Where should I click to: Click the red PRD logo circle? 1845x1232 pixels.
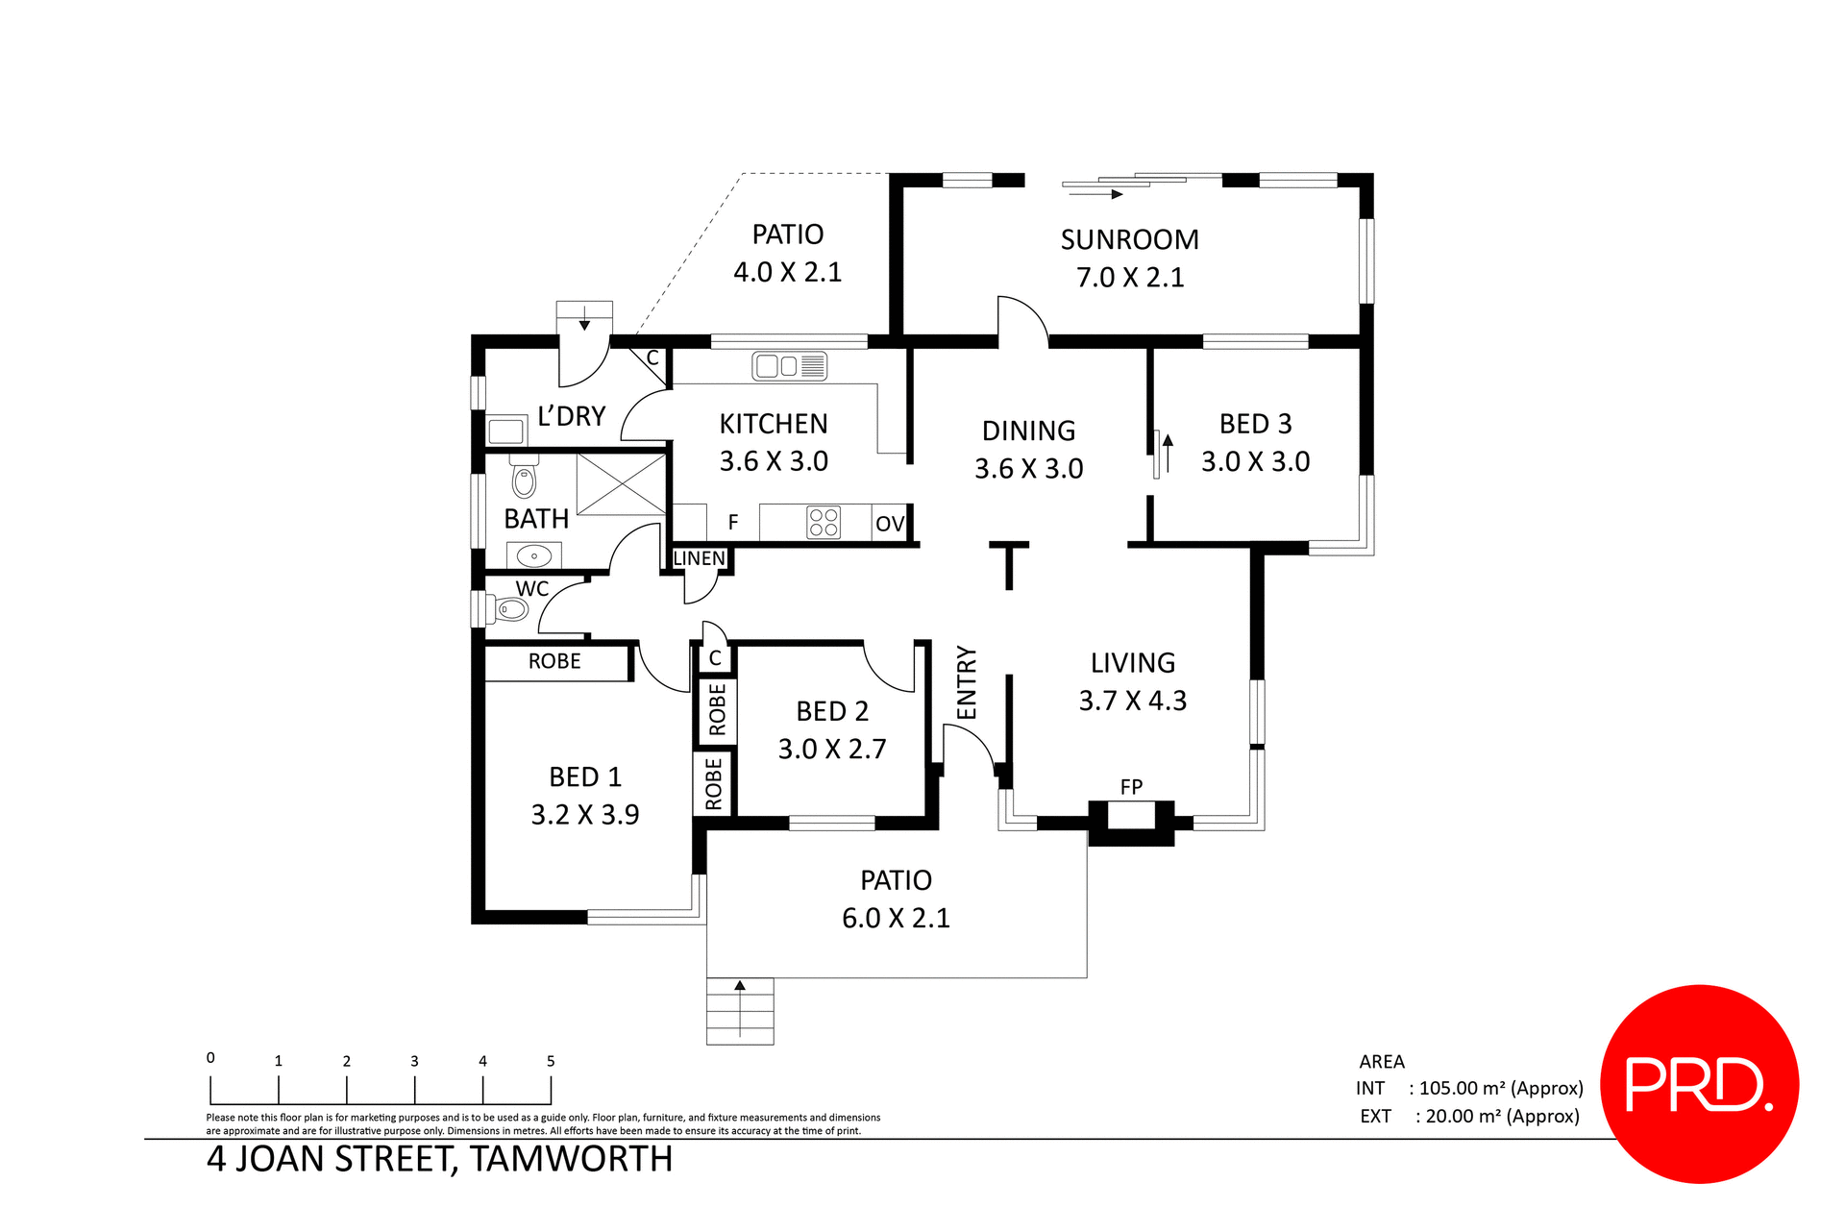coord(1699,1083)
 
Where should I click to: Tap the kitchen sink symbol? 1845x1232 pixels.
coord(788,366)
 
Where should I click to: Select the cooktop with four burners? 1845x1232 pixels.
coord(824,522)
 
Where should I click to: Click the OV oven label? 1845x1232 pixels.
coord(890,524)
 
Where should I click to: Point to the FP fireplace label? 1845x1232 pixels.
coord(1131,787)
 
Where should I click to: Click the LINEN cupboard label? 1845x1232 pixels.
coord(699,558)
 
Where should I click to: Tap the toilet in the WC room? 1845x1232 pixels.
coord(509,609)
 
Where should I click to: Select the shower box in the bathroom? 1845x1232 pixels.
coord(621,484)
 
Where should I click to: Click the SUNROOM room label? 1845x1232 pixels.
coord(1129,239)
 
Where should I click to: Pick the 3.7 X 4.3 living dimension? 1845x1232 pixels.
coord(1132,701)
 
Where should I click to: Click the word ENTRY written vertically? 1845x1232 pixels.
coord(967,682)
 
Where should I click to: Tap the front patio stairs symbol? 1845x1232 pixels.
coord(740,1011)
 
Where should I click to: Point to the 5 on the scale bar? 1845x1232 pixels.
coord(551,1061)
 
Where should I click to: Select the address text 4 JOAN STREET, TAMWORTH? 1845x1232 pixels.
coord(439,1159)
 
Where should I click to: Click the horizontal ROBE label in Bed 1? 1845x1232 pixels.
coord(554,661)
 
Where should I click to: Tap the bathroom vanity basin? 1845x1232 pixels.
coord(533,555)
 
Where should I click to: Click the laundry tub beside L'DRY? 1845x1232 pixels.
coord(506,430)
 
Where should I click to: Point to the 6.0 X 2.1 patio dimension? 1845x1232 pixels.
coord(896,918)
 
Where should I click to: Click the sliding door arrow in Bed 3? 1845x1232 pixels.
coord(1168,452)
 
